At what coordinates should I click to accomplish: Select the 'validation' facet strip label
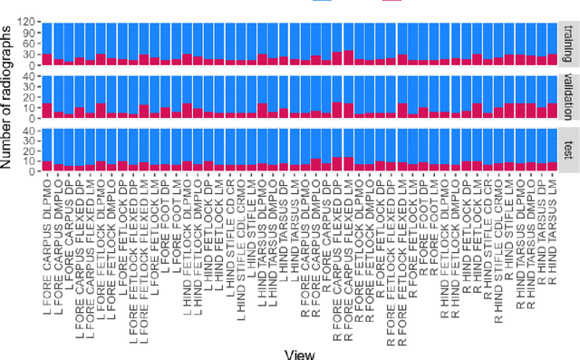pyautogui.click(x=568, y=97)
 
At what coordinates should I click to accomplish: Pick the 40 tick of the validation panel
pyautogui.click(x=28, y=76)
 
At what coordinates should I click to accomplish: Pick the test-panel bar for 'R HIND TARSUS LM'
pyautogui.click(x=552, y=149)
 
